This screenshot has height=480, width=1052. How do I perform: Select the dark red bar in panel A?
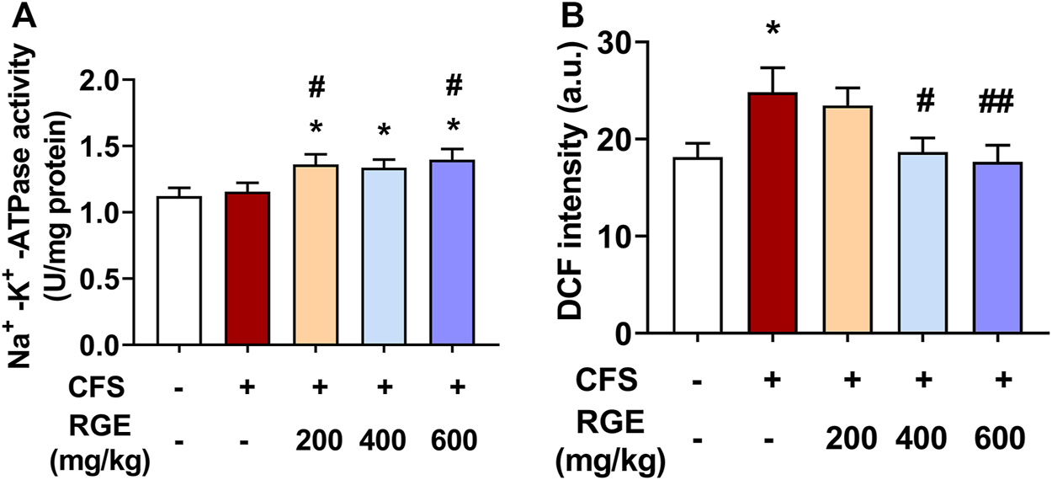248,269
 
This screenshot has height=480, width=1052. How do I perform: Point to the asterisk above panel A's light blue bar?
386,131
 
